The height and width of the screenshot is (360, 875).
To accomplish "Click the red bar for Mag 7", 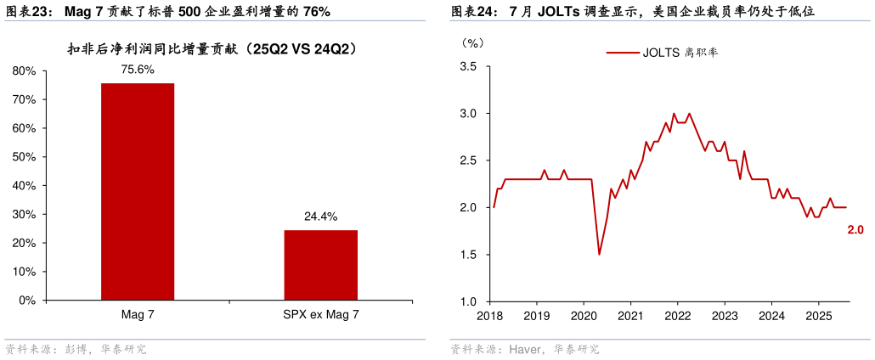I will coord(138,191).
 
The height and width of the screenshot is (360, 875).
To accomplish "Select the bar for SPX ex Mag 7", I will coord(320,265).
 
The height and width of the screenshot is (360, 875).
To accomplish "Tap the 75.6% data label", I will coord(138,70).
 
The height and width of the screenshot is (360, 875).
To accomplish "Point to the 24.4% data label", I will coord(320,217).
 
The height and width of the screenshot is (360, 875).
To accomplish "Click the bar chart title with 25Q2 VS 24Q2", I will coord(212,49).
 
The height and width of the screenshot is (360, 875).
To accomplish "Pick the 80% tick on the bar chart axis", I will coord(24,71).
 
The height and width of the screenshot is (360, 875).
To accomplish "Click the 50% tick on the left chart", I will coord(24,157).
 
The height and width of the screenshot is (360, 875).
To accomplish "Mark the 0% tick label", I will coord(26,301).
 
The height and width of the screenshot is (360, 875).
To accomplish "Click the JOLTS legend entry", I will coord(663,53).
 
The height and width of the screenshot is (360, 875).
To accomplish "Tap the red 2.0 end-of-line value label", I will coord(855,229).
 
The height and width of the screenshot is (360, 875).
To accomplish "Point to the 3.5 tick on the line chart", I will coord(469,66).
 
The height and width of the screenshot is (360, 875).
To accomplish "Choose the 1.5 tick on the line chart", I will coord(469,255).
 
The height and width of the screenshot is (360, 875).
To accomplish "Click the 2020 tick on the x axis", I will coord(583,316).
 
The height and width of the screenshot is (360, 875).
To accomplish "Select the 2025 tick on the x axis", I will coord(817,316).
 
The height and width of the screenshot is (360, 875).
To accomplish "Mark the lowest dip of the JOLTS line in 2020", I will coord(599,254).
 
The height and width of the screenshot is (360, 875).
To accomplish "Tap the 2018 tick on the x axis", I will coord(489,316).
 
